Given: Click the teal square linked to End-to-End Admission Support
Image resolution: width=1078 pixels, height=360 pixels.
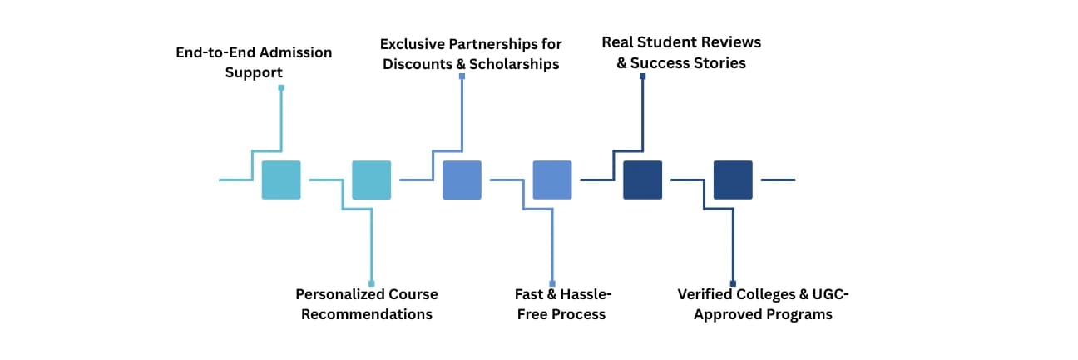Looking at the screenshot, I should [281, 180].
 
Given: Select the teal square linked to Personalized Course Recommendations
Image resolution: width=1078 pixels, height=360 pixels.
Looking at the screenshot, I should [371, 180].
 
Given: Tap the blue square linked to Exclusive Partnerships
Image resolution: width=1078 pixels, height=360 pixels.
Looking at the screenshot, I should [462, 180].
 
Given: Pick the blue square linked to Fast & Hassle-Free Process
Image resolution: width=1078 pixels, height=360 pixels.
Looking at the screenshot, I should [552, 180].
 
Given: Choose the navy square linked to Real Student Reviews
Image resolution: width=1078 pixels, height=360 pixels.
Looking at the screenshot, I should [643, 180].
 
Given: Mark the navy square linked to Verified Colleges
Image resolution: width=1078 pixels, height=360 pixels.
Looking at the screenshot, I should [733, 180].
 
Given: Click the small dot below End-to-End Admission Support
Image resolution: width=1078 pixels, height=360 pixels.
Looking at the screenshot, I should [281, 87].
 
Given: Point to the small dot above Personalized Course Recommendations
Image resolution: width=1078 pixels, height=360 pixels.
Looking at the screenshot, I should [371, 284].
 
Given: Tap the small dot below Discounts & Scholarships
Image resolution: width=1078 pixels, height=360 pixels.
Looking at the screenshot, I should [462, 76].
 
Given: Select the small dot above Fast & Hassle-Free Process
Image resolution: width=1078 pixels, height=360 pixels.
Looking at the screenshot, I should [552, 284].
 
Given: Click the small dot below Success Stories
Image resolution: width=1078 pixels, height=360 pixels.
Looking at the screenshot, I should [643, 76].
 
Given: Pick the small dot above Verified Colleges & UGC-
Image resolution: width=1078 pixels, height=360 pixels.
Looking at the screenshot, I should [733, 284].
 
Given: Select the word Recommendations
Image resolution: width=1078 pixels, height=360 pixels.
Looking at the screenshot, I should [367, 314].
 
